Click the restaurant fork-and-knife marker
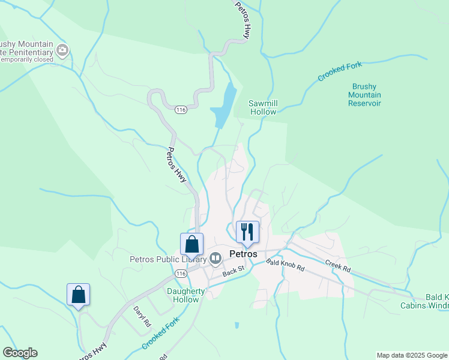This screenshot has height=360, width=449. (x=247, y=232)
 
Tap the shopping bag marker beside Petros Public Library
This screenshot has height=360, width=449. (x=191, y=245)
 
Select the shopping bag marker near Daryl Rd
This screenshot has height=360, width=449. (x=78, y=295)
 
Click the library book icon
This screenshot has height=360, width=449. (x=215, y=259)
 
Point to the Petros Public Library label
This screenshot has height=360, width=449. (x=168, y=259)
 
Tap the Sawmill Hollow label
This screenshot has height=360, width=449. (x=263, y=107)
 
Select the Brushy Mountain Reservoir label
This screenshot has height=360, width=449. (x=364, y=95)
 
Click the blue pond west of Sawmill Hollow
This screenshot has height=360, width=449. (x=223, y=103)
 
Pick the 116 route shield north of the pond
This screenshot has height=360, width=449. (x=181, y=110)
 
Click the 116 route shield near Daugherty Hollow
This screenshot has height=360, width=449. (x=181, y=274)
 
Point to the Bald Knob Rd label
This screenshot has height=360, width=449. (x=286, y=266)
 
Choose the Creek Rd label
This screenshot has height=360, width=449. (x=337, y=265)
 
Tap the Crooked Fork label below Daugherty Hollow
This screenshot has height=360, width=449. (x=160, y=334)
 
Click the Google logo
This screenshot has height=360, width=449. (x=20, y=353)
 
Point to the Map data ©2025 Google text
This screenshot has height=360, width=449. (x=412, y=356)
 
